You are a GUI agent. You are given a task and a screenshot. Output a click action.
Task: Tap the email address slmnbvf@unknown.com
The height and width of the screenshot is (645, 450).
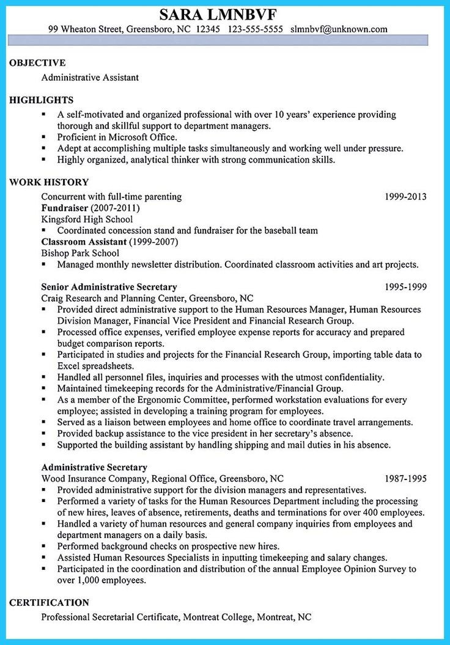tap(339, 29)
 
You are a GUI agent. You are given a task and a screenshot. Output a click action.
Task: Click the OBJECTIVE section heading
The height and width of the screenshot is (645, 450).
tap(37, 63)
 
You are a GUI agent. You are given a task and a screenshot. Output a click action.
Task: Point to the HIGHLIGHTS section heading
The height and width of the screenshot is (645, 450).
tap(42, 100)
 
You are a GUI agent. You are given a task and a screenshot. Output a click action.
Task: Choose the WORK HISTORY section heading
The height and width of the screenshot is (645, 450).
tap(49, 182)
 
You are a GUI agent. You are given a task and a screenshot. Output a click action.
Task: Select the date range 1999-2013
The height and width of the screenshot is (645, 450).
tap(405, 197)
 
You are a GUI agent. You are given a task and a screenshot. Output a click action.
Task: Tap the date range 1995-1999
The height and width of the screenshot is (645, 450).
tap(405, 286)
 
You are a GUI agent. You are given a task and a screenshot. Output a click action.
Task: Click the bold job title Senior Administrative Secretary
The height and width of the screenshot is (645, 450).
tap(109, 286)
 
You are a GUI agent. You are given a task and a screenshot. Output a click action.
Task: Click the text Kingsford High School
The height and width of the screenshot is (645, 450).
tap(86, 219)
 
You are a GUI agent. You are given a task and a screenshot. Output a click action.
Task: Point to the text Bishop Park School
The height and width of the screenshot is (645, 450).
tap(80, 253)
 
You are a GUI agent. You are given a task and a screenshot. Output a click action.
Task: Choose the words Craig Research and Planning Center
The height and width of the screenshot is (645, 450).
tap(115, 298)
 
